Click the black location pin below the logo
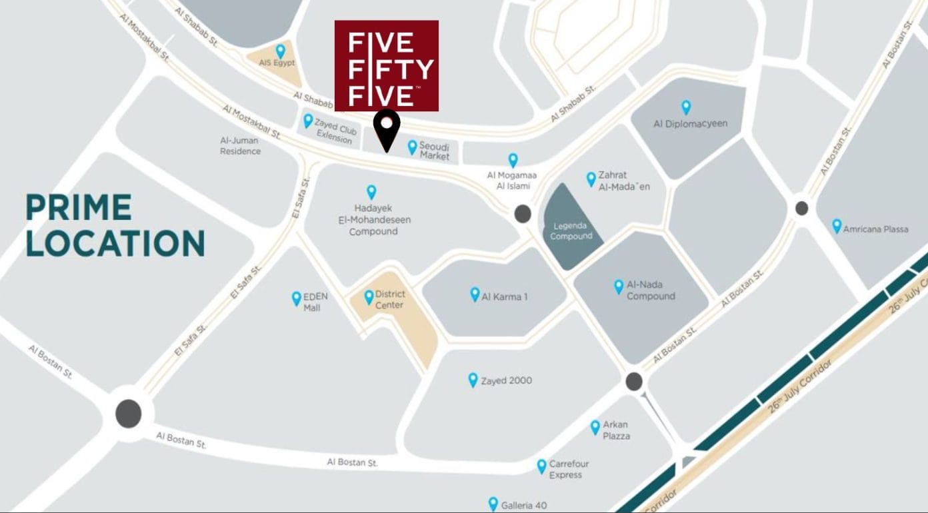[386, 129]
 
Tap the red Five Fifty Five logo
[387, 65]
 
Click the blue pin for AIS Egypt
[281, 51]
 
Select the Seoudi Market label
[435, 151]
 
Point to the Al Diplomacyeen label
[690, 124]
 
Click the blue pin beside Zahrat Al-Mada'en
[591, 179]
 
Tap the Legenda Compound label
[571, 231]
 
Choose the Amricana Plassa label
[875, 229]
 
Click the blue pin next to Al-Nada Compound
[619, 286]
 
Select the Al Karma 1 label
[504, 296]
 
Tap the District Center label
[390, 299]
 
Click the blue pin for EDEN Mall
[297, 298]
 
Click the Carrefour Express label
[569, 470]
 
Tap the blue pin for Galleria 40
[493, 504]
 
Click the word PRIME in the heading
[79, 208]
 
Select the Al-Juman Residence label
[240, 146]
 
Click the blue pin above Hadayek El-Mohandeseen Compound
[371, 192]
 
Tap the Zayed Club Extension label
[335, 134]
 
